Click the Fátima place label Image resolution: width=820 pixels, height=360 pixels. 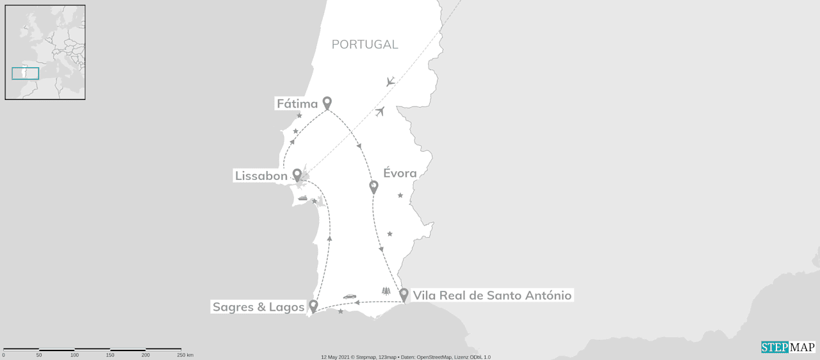click(x=297, y=104)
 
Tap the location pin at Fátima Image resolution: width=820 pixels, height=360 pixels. click(x=327, y=102)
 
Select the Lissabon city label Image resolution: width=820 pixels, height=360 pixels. click(x=261, y=176)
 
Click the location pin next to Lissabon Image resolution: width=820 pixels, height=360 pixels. click(x=297, y=175)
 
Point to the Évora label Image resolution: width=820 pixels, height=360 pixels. click(x=400, y=173)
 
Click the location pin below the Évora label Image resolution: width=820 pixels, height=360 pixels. click(x=374, y=187)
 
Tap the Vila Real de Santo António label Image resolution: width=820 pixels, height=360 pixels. click(x=492, y=295)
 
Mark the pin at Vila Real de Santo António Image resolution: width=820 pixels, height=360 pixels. click(x=404, y=295)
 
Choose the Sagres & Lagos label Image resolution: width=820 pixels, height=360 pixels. click(x=258, y=307)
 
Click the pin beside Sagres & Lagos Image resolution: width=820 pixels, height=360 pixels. click(x=313, y=306)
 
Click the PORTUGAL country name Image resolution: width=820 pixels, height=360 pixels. click(x=365, y=44)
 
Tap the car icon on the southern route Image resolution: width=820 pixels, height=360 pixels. click(x=349, y=297)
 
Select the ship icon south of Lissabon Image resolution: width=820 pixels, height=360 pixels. click(x=302, y=199)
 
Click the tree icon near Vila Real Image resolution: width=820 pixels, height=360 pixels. click(x=386, y=291)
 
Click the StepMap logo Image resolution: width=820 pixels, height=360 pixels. click(x=788, y=347)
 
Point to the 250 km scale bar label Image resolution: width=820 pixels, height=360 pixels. click(x=185, y=355)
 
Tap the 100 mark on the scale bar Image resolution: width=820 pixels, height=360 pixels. click(x=74, y=355)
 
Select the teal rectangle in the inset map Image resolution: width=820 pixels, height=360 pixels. click(x=26, y=74)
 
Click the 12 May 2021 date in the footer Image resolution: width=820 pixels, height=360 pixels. click(x=337, y=357)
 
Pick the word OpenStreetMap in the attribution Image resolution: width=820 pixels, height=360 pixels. click(x=435, y=357)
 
